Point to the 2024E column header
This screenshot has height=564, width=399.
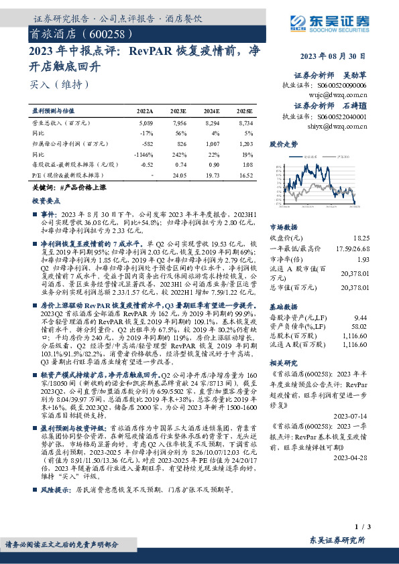click(211, 110)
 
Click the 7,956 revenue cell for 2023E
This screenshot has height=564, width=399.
click(179, 123)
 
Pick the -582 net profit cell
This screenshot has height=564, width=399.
click(146, 143)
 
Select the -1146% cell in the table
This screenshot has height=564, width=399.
click(144, 153)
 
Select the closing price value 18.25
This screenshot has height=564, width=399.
click(361, 238)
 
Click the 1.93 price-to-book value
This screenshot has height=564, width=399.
click(363, 259)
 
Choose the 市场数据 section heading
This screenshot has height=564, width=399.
click(283, 227)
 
